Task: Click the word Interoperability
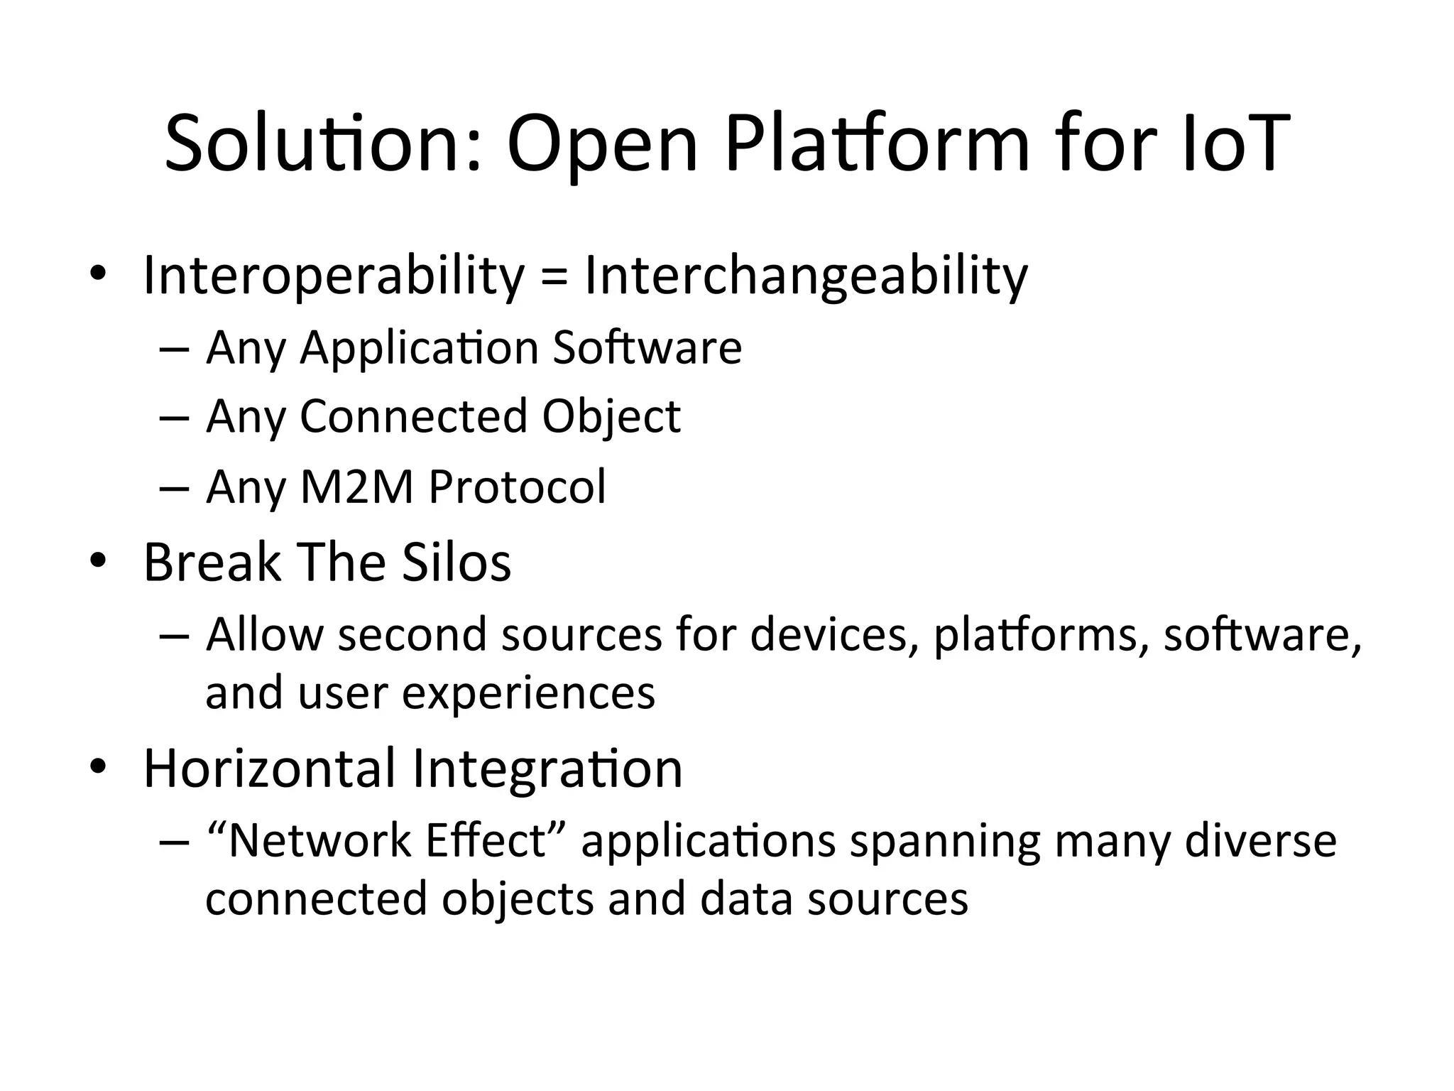[x=334, y=276]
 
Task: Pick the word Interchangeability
[x=806, y=276]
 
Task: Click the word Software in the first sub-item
[x=647, y=347]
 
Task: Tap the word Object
[x=611, y=417]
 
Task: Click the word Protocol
[x=518, y=487]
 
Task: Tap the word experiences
[x=528, y=693]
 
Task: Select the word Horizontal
[x=270, y=769]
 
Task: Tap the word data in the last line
[x=746, y=899]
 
